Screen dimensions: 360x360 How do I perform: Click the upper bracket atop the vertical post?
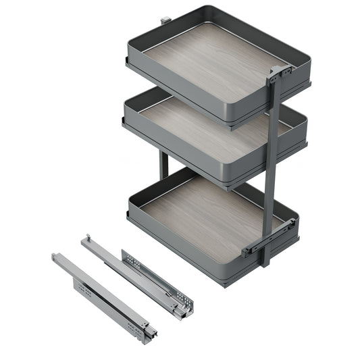click(x=278, y=75)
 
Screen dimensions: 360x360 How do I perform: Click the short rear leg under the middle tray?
click(x=163, y=165)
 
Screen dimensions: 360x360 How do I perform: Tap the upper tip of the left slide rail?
click(x=56, y=257)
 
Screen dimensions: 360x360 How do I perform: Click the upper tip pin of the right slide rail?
click(x=86, y=238)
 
